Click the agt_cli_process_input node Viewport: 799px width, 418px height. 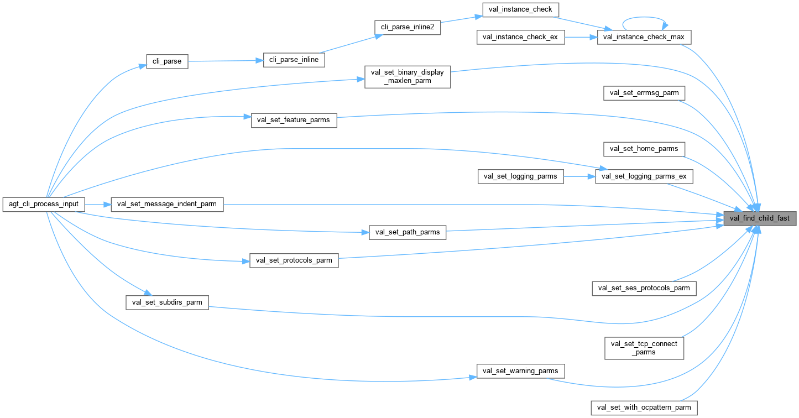click(44, 204)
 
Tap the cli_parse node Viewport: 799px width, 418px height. click(167, 61)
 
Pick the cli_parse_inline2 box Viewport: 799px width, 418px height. click(408, 27)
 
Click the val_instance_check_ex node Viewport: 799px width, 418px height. click(521, 37)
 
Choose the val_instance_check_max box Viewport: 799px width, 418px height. click(644, 37)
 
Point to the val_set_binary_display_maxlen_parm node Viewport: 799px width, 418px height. click(408, 76)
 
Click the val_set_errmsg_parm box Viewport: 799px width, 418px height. click(644, 93)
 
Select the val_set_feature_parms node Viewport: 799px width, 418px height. click(294, 120)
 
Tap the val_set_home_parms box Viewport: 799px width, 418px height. click(644, 149)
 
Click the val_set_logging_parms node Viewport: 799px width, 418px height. click(521, 176)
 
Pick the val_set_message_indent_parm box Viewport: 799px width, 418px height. click(167, 204)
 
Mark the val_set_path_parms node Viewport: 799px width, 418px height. click(408, 232)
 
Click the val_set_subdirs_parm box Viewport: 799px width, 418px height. click(167, 302)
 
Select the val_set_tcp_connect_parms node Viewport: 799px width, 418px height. click(644, 348)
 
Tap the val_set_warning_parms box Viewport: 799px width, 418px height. click(521, 370)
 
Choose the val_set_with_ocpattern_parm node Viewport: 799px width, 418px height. click(644, 407)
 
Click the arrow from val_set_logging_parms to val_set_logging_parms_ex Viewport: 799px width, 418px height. click(579, 176)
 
